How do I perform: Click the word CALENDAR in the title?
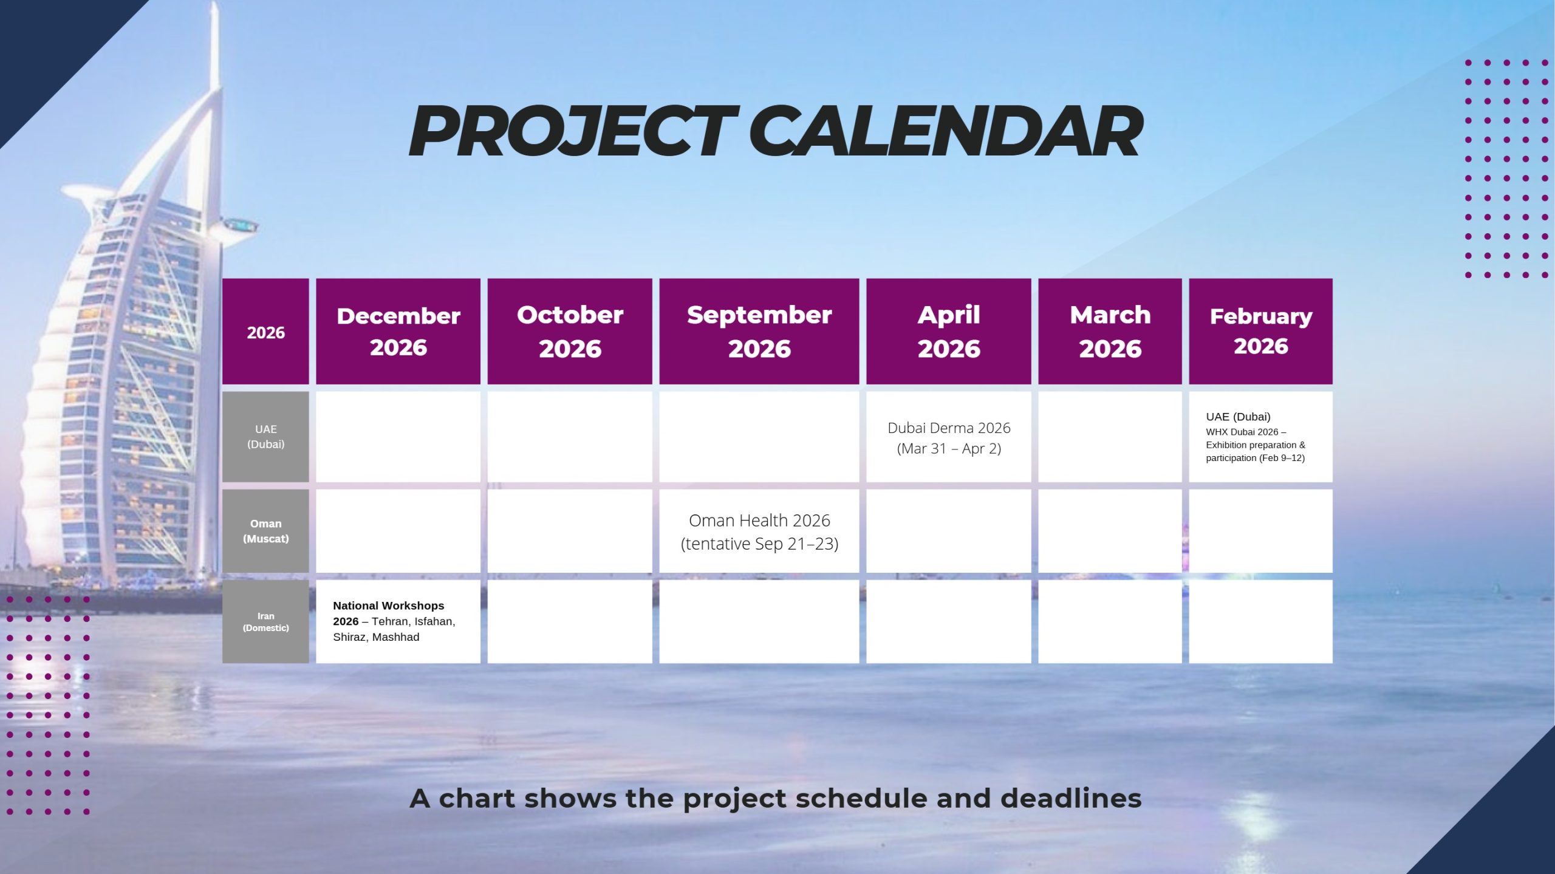pyautogui.click(x=946, y=131)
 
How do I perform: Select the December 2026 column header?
pyautogui.click(x=398, y=331)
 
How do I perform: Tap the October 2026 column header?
pyautogui.click(x=570, y=331)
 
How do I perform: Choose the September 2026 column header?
pyautogui.click(x=759, y=331)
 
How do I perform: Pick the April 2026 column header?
pyautogui.click(x=949, y=331)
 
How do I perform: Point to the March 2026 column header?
pyautogui.click(x=1110, y=331)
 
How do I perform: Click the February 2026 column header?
pyautogui.click(x=1260, y=331)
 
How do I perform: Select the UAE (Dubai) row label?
pyautogui.click(x=265, y=437)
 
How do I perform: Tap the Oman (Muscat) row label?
pyautogui.click(x=265, y=531)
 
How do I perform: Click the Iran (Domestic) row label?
pyautogui.click(x=265, y=621)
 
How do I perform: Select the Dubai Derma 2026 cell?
pyautogui.click(x=949, y=437)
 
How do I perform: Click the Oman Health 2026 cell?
pyautogui.click(x=759, y=531)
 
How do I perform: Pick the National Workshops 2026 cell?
pyautogui.click(x=398, y=621)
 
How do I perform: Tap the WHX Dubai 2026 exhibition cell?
pyautogui.click(x=1260, y=437)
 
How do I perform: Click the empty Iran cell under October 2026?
pyautogui.click(x=570, y=621)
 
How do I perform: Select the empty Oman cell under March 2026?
pyautogui.click(x=1110, y=531)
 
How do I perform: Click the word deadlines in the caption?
pyautogui.click(x=1071, y=798)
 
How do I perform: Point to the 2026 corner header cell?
pyautogui.click(x=265, y=331)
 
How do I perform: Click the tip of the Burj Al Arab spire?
pyautogui.click(x=214, y=2)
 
